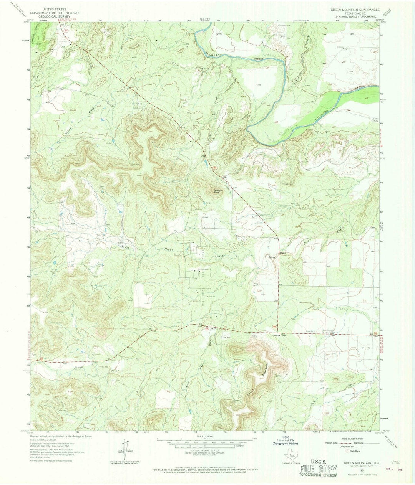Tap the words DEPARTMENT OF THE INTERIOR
tap(55, 13)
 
